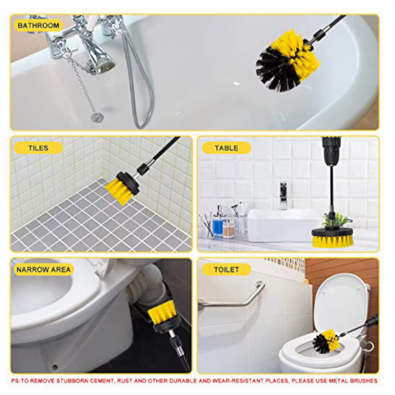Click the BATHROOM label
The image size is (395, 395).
[x=38, y=25]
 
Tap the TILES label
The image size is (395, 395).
[x=38, y=148]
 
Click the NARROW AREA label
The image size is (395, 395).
[x=43, y=270]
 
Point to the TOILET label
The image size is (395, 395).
[x=226, y=270]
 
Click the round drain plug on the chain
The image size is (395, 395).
[x=97, y=117]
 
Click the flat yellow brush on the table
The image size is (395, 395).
[x=332, y=237]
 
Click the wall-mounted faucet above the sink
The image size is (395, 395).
[x=283, y=195]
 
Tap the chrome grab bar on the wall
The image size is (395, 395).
[x=237, y=299]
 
